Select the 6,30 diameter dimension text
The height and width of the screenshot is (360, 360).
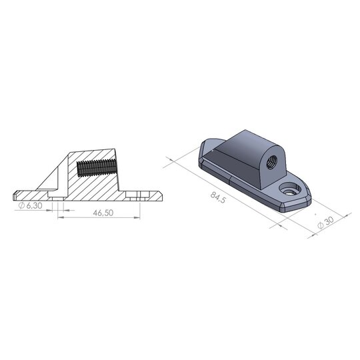coord(33,206)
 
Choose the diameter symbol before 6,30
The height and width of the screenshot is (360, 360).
coord(22,206)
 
